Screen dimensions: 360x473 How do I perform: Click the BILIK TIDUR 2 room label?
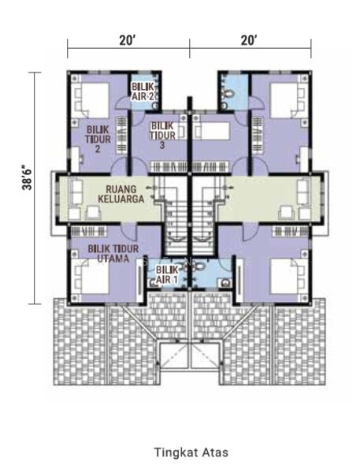pyautogui.click(x=98, y=139)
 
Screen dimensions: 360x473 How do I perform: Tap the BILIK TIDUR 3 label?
pyautogui.click(x=162, y=135)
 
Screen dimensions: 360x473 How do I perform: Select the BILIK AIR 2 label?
pyautogui.click(x=143, y=91)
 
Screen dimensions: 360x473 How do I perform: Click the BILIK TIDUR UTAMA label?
pyautogui.click(x=113, y=253)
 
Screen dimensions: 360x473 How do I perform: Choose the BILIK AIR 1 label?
pyautogui.click(x=167, y=274)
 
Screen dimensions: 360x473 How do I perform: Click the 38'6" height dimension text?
pyautogui.click(x=27, y=177)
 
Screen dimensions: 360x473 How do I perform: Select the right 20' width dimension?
pyautogui.click(x=250, y=40)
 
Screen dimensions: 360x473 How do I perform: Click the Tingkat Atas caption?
pyautogui.click(x=191, y=453)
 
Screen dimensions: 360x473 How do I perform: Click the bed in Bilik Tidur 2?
pyautogui.click(x=91, y=100)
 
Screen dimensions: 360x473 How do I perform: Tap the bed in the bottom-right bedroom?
pyautogui.click(x=289, y=276)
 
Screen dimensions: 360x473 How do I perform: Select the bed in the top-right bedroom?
pyautogui.click(x=288, y=100)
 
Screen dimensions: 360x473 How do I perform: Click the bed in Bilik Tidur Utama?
pyautogui.click(x=91, y=277)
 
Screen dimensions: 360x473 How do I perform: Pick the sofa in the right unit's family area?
pyautogui.click(x=303, y=192)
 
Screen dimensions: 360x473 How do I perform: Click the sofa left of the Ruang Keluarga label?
pyautogui.click(x=76, y=192)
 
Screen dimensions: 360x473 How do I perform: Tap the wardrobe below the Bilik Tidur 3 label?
pyautogui.click(x=169, y=167)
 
